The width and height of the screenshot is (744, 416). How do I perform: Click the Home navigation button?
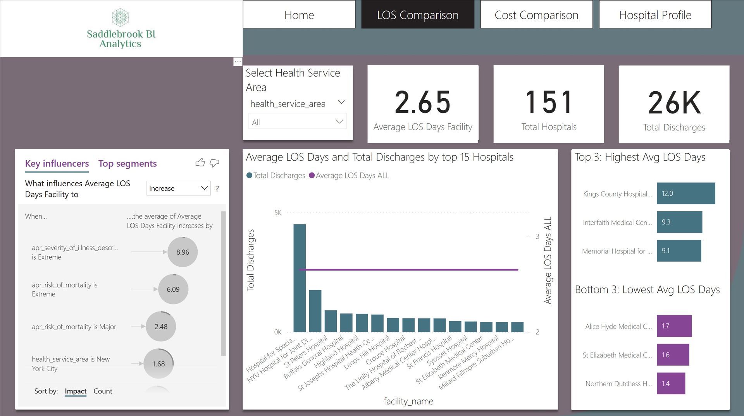(x=299, y=15)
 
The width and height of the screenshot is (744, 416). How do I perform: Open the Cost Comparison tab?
(x=536, y=15)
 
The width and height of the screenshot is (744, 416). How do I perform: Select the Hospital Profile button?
(x=655, y=15)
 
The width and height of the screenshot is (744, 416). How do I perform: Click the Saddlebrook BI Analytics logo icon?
(x=120, y=17)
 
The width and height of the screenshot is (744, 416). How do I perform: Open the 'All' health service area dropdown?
(x=297, y=122)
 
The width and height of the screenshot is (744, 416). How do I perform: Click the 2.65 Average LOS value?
(x=422, y=103)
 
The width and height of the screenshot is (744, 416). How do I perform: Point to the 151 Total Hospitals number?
(x=548, y=103)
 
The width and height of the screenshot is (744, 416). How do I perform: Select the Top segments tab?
(x=127, y=164)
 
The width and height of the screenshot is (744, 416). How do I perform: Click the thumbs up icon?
(x=200, y=163)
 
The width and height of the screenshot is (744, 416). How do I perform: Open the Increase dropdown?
(x=178, y=188)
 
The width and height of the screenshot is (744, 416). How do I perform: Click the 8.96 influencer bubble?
(x=183, y=252)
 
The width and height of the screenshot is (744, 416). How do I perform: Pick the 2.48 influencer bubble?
(x=161, y=327)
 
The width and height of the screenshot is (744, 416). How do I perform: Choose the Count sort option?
(x=103, y=391)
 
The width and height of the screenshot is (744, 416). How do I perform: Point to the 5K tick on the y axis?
(x=278, y=213)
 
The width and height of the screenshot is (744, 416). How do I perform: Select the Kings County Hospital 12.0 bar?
(x=686, y=193)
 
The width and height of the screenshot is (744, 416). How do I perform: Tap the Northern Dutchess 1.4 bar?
(x=671, y=383)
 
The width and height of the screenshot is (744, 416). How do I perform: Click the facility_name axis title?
(x=408, y=401)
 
